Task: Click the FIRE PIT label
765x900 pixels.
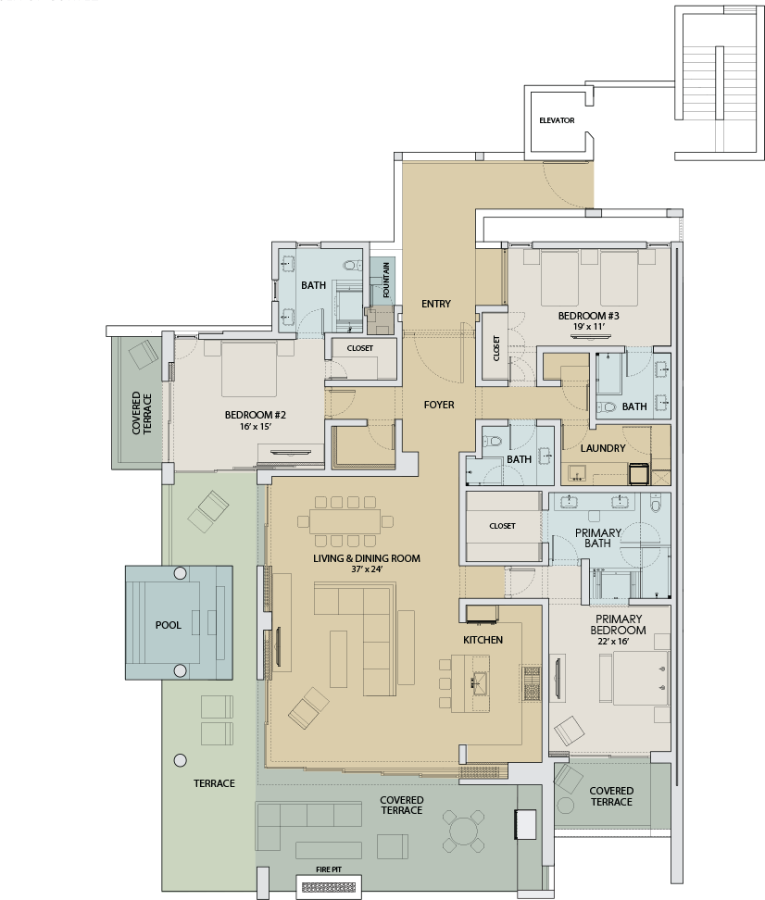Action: click(329, 869)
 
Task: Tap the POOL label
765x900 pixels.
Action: click(169, 625)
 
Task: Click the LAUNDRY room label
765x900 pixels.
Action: click(603, 448)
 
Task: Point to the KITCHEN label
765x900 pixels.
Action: click(483, 640)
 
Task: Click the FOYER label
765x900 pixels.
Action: click(439, 405)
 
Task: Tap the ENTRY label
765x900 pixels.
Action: click(436, 304)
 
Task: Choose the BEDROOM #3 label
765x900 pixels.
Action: click(588, 316)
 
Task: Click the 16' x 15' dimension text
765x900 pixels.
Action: click(256, 427)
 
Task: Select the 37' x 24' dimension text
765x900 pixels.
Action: click(367, 569)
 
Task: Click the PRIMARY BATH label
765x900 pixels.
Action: click(598, 538)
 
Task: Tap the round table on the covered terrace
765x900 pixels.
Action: click(463, 831)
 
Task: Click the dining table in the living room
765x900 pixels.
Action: click(345, 521)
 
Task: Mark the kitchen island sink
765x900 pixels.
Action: click(480, 683)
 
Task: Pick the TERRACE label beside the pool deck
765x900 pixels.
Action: click(214, 783)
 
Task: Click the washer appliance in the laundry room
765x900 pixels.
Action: click(639, 473)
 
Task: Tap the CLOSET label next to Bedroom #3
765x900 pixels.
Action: click(496, 348)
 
